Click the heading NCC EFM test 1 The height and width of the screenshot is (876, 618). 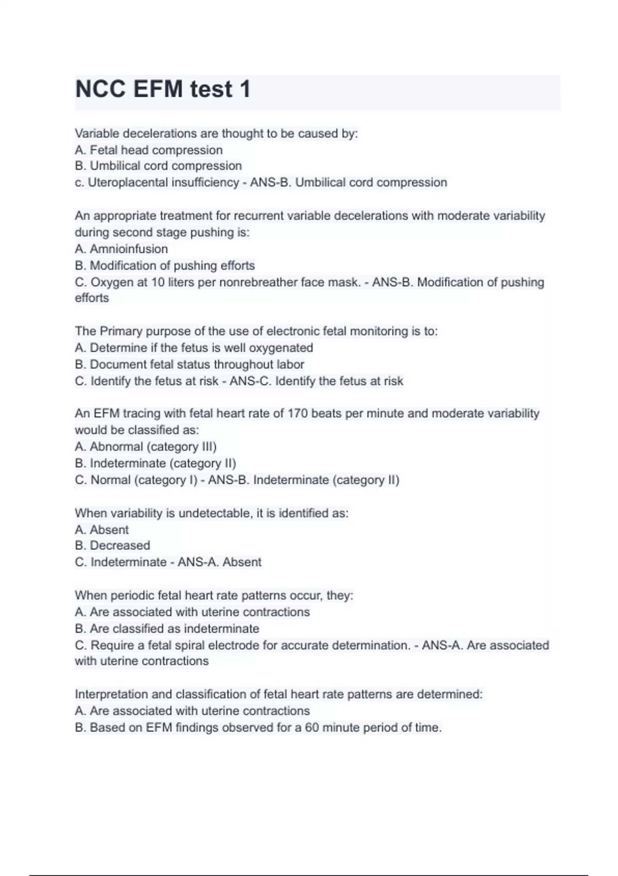click(x=163, y=89)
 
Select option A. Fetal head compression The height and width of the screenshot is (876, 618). click(x=149, y=150)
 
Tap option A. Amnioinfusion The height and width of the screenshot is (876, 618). click(x=122, y=249)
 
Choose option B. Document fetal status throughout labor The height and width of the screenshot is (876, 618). click(x=190, y=364)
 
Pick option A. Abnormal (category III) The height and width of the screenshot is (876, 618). click(x=146, y=447)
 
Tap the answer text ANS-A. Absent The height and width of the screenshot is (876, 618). click(x=219, y=562)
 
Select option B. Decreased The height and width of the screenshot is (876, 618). click(x=112, y=545)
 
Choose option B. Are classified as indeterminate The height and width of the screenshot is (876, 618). click(x=167, y=629)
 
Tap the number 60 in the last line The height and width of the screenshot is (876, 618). click(x=312, y=728)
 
